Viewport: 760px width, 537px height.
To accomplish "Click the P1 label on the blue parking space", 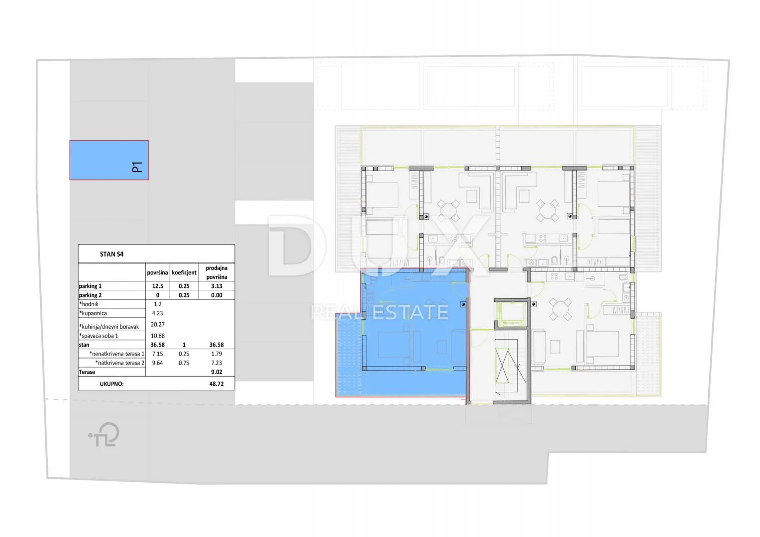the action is [137, 167].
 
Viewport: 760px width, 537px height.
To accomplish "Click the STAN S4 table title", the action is [111, 254].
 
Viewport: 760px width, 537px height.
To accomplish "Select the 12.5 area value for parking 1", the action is [157, 286].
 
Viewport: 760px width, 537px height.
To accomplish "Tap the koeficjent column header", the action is [184, 272].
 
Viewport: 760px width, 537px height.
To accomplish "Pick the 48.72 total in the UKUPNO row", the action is [217, 384].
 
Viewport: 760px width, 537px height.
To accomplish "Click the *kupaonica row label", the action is [93, 313].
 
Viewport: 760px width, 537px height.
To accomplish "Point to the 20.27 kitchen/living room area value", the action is [157, 324].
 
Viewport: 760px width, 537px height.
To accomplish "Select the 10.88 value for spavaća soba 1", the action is [157, 336].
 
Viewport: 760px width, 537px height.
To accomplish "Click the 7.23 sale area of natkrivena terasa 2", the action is [217, 363].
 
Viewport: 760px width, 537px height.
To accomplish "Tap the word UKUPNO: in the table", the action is [111, 384].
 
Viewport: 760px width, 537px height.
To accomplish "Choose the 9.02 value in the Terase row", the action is [217, 372].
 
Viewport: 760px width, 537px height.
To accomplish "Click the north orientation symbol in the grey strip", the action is [105, 434].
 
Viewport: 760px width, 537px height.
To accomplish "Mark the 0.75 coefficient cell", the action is [184, 363].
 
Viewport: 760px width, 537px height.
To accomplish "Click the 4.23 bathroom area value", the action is [157, 313].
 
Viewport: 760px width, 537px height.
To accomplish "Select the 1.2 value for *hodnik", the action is [157, 304].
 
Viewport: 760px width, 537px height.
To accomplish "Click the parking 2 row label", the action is [90, 295].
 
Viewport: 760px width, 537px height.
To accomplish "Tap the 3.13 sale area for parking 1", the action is [217, 286].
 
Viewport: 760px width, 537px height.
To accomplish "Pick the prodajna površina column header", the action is [217, 272].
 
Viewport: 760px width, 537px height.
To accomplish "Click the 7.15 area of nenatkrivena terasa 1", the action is [157, 354].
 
